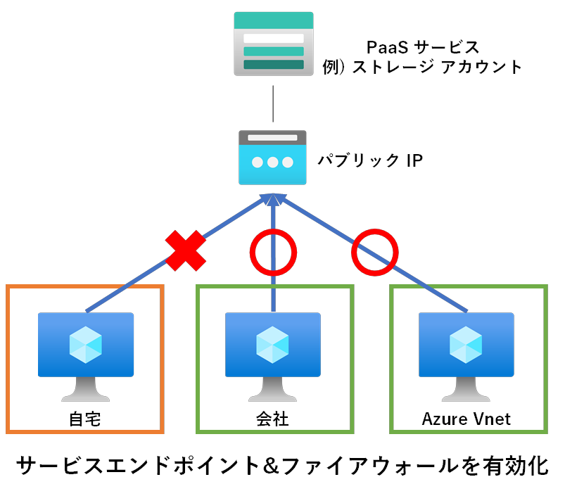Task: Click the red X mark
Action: tap(186, 250)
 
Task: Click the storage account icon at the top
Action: tap(273, 44)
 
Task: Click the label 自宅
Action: tap(85, 419)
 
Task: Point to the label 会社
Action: tap(273, 419)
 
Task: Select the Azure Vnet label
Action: tap(466, 419)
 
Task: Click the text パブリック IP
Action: tap(369, 160)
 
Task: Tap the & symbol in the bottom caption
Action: tap(258, 465)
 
